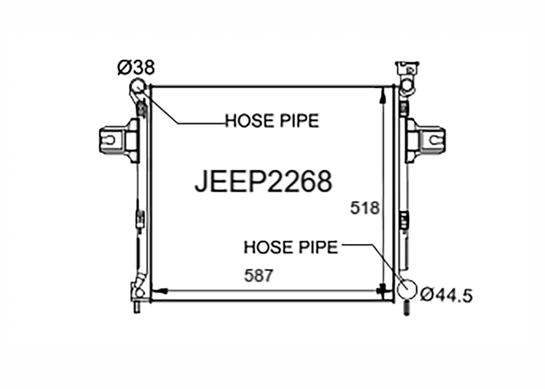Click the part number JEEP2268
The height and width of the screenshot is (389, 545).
(x=263, y=181)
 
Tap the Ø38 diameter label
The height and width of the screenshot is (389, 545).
(x=136, y=67)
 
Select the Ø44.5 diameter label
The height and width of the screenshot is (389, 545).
(x=447, y=295)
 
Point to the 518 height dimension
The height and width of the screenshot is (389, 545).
(x=364, y=208)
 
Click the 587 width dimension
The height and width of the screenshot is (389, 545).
(x=259, y=276)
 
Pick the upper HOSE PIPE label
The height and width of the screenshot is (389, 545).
(x=272, y=121)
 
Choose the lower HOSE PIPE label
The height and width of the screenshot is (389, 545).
(x=291, y=247)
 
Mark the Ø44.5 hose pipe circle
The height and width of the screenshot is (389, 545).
(x=407, y=289)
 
